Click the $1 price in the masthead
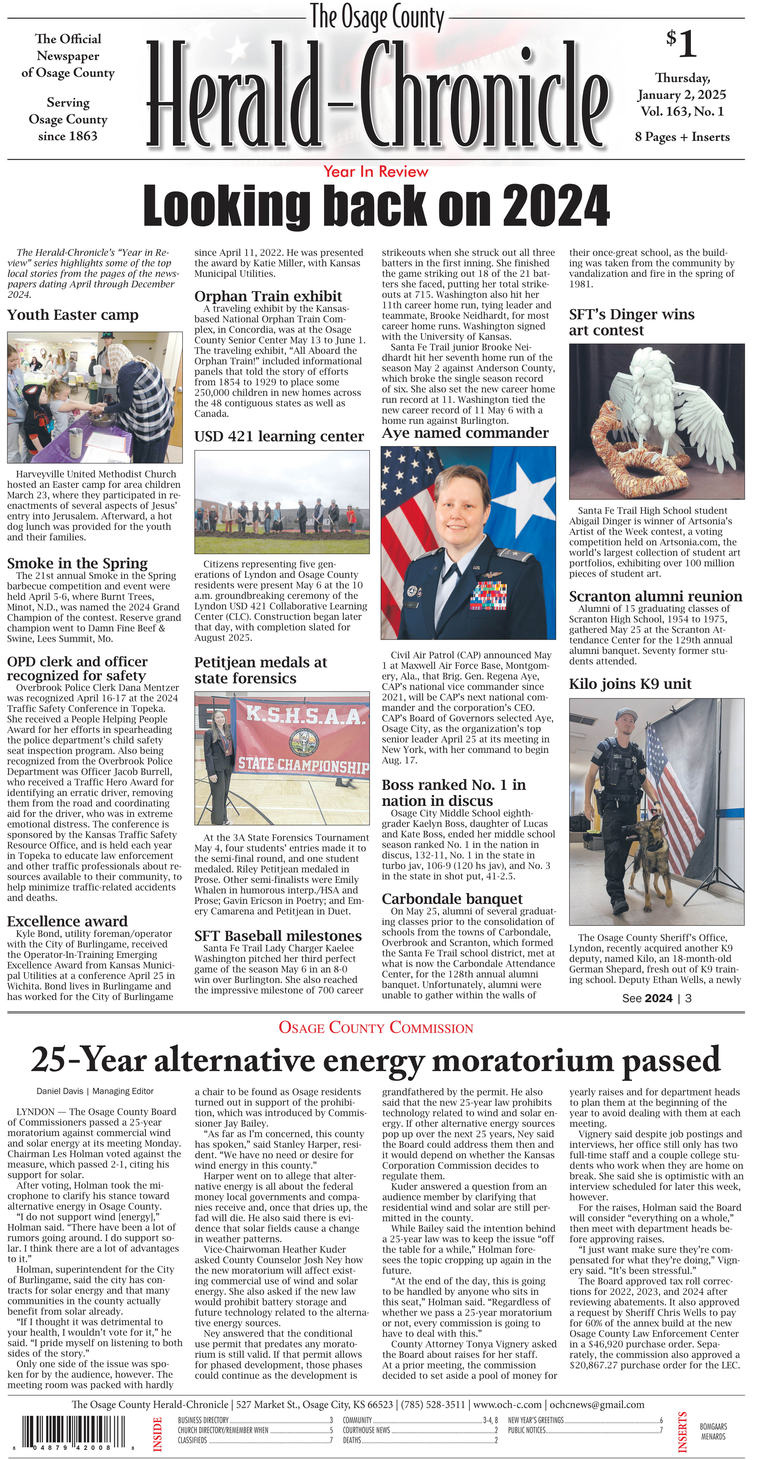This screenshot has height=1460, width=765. click(681, 44)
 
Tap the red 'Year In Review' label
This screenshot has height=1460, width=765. click(375, 172)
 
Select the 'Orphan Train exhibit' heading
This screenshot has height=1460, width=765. click(268, 296)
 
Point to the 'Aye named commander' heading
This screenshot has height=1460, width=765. click(465, 434)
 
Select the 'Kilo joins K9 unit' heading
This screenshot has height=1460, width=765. click(630, 684)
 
